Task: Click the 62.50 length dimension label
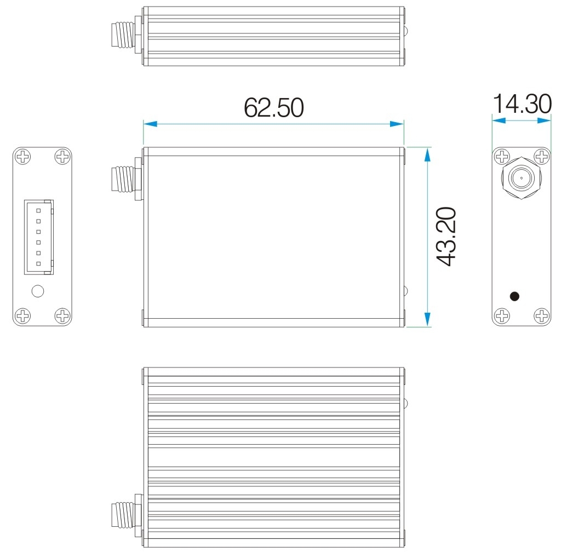[273, 108]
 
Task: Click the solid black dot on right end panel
[514, 296]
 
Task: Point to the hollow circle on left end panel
[37, 291]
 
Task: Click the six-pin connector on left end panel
[38, 237]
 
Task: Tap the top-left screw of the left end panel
[22, 157]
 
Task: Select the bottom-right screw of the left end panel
[62, 315]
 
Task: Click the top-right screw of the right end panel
[542, 157]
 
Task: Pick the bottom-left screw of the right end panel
[501, 315]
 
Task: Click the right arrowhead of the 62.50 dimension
[397, 124]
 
